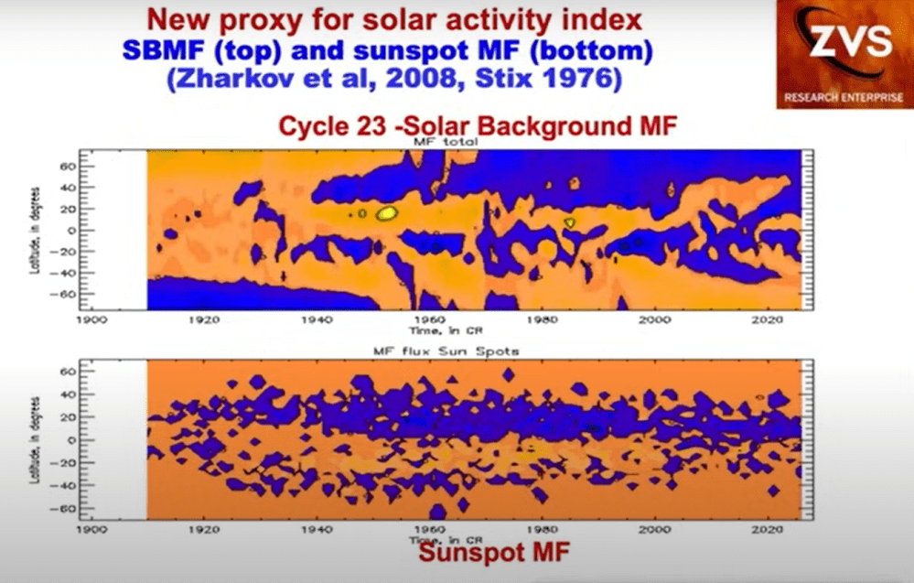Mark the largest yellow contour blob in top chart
click(386, 213)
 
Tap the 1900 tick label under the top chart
click(91, 320)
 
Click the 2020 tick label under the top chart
click(766, 320)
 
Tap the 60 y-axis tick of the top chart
click(68, 167)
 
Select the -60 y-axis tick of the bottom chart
click(66, 506)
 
